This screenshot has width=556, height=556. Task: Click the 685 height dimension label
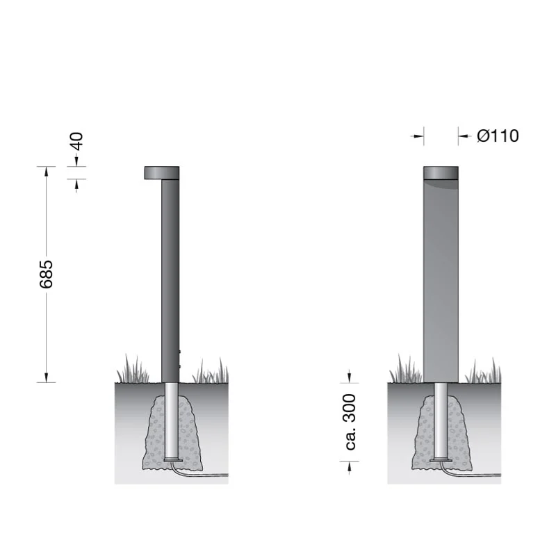46,274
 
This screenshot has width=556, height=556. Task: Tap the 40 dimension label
76,141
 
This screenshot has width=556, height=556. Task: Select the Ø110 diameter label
498,136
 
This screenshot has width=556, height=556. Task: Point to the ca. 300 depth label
350,422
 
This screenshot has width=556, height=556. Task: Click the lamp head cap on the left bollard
162,172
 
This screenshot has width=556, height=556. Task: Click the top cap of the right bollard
441,172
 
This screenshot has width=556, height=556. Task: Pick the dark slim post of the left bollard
170,281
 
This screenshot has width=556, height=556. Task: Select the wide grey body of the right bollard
441,281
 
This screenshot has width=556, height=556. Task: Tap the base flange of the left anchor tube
173,460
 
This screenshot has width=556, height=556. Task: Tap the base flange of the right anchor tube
441,460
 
